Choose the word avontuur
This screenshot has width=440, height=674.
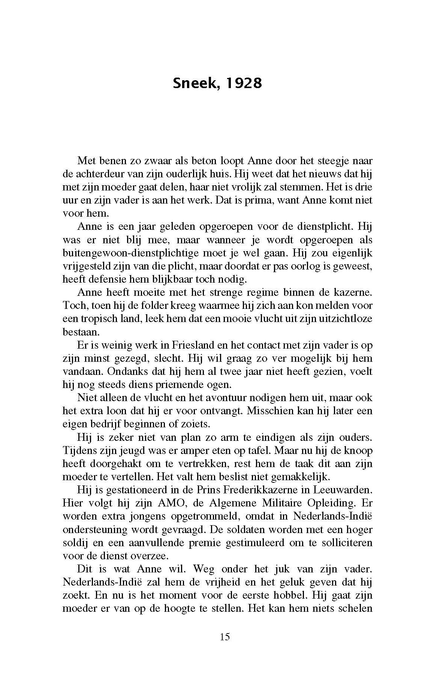click(223, 397)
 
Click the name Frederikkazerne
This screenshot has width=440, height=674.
click(255, 490)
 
